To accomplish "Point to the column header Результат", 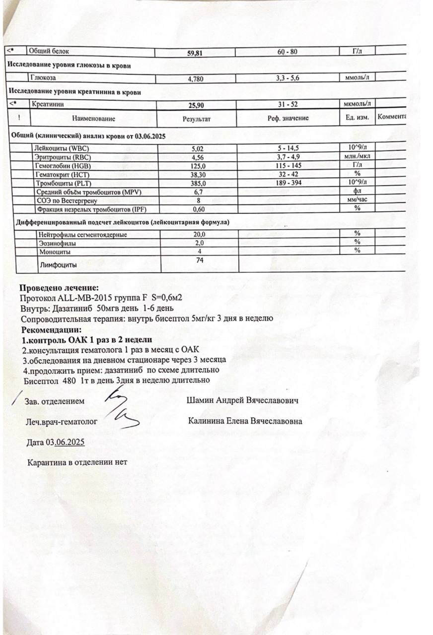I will pyautogui.click(x=197, y=119).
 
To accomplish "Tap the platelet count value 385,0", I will pyautogui.click(x=198, y=183).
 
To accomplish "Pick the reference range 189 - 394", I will pyautogui.click(x=288, y=183).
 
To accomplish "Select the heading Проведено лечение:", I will pyautogui.click(x=59, y=288).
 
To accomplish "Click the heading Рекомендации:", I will pyautogui.click(x=51, y=329).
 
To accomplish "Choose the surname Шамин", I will pyautogui.click(x=201, y=400).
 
